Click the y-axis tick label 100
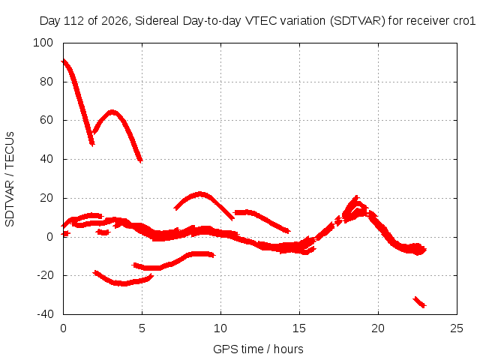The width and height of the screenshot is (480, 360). pyautogui.click(x=43, y=43)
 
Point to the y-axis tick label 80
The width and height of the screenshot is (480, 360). pyautogui.click(x=46, y=82)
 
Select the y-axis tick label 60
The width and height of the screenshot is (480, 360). pyautogui.click(x=46, y=120)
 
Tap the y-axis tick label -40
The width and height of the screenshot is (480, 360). pyautogui.click(x=45, y=314)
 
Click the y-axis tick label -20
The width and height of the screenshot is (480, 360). pyautogui.click(x=45, y=275)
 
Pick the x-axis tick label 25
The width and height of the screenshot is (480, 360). pyautogui.click(x=457, y=328)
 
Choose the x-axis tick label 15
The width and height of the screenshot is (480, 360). pyautogui.click(x=299, y=328)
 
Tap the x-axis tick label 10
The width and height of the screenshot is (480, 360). pyautogui.click(x=220, y=328)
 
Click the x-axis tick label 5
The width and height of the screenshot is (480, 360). pyautogui.click(x=142, y=328)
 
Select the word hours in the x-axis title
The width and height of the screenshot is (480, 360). pyautogui.click(x=288, y=349)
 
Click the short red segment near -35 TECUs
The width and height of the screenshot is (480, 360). pyautogui.click(x=419, y=301)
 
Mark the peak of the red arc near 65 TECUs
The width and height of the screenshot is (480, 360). pyautogui.click(x=112, y=112)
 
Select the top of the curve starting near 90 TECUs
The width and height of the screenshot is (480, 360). pyautogui.click(x=63, y=61)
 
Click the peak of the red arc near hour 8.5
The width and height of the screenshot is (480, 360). pyautogui.click(x=200, y=194)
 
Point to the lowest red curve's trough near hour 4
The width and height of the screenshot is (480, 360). pyautogui.click(x=123, y=283)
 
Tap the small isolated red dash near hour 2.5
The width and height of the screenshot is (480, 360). pyautogui.click(x=103, y=232)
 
